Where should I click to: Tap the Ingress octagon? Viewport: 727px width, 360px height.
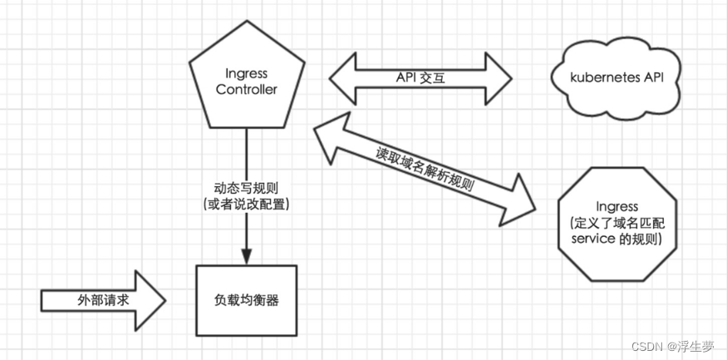(x=616, y=219)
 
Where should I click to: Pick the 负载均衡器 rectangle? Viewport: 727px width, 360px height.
(x=246, y=299)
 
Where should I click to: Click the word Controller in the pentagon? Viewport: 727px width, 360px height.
(x=246, y=90)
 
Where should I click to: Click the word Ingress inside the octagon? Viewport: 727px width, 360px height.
(x=617, y=205)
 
